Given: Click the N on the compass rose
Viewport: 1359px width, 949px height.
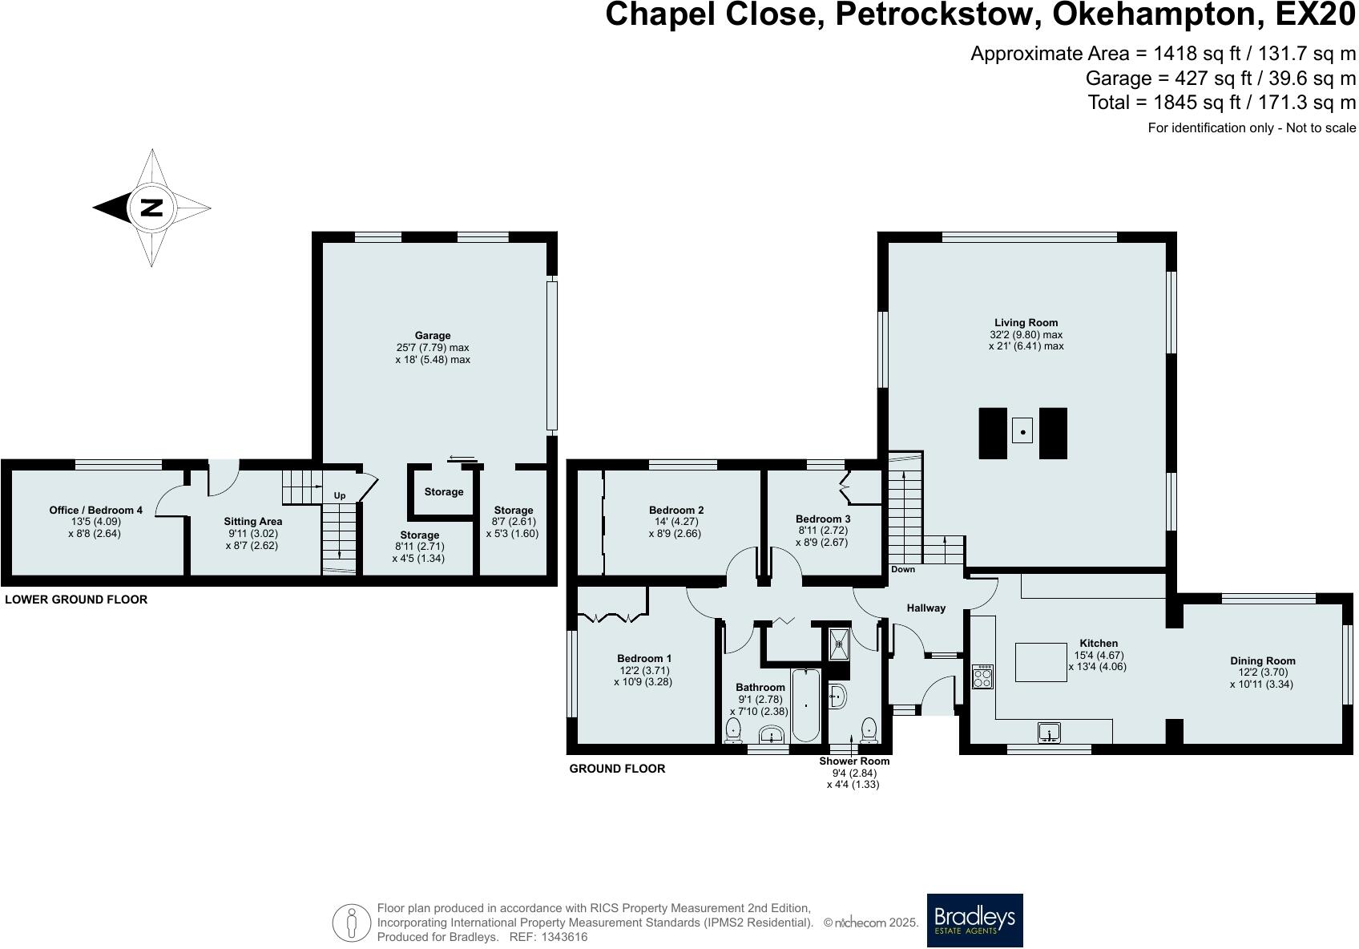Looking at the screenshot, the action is (151, 208).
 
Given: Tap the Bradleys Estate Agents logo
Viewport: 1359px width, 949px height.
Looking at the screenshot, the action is (974, 920).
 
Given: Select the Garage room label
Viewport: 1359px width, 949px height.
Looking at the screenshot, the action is (433, 335).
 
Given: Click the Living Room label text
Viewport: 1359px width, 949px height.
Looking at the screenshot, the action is (1026, 323).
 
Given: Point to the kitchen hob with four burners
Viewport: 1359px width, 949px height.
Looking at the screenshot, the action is (983, 676).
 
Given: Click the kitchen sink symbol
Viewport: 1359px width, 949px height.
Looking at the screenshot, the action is (1049, 733).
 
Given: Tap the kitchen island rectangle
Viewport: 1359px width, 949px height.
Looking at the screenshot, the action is (1041, 662).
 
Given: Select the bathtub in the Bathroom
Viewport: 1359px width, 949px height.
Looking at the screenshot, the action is (805, 705).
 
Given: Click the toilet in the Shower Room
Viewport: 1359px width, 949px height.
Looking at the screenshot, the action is (869, 730).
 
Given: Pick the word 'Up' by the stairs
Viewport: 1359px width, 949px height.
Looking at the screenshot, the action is (340, 495).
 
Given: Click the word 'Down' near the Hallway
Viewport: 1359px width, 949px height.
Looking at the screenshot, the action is (903, 569).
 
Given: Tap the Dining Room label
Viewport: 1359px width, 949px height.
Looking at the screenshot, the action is (1263, 660).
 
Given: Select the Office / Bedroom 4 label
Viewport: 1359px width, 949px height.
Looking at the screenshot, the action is (96, 511).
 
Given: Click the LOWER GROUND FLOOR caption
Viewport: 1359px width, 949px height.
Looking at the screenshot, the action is (76, 600).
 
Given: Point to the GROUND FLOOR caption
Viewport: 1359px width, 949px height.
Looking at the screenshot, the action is (617, 769).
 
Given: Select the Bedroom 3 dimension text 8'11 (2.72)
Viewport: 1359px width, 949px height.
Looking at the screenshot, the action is (823, 531).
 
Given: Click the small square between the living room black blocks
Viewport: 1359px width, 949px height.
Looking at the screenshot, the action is (1022, 431).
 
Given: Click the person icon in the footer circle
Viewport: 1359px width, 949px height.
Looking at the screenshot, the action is (351, 923).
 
